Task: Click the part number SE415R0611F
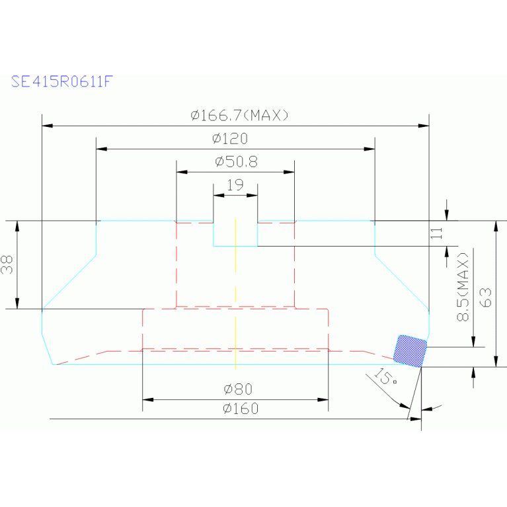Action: point(61,81)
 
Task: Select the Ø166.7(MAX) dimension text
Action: point(239,115)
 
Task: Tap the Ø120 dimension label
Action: point(230,139)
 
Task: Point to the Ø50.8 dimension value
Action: point(237,162)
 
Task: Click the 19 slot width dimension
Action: point(235,185)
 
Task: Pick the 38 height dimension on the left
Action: point(7,264)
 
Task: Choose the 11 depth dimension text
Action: point(436,233)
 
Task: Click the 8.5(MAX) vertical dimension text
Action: point(463,287)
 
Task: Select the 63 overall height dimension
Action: point(486,297)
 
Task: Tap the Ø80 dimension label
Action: point(238,389)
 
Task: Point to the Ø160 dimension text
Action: point(241,409)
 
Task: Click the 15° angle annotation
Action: point(385,376)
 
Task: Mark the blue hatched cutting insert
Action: point(410,351)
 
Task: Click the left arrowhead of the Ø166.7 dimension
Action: point(47,126)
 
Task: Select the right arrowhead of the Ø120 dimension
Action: point(370,149)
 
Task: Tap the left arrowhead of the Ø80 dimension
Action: point(148,400)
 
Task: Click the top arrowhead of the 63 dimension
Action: point(496,226)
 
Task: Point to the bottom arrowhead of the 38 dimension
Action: point(17,303)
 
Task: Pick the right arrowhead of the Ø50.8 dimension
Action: point(289,172)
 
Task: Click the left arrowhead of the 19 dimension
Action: point(219,195)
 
